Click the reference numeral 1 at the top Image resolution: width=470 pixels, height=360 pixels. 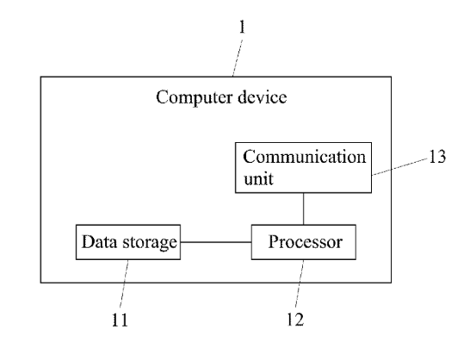coord(242,27)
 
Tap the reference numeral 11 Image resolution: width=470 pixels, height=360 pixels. coord(120,320)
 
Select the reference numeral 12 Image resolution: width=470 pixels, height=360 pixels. coord(295,320)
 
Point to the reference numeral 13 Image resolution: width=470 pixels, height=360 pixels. coord(437,157)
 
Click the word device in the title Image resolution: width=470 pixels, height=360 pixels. coord(263,97)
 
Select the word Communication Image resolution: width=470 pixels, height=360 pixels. coord(304,157)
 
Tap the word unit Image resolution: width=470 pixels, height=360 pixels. coord(258,179)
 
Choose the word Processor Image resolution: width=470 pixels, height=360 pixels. coord(305,242)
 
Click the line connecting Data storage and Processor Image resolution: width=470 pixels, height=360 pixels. coord(216,242)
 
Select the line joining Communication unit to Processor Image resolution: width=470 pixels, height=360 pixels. coord(303,208)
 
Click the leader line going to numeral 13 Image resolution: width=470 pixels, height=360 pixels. coord(399,167)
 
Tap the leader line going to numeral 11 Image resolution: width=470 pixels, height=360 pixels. coord(124,283)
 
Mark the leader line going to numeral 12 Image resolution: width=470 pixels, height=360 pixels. coord(300,283)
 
